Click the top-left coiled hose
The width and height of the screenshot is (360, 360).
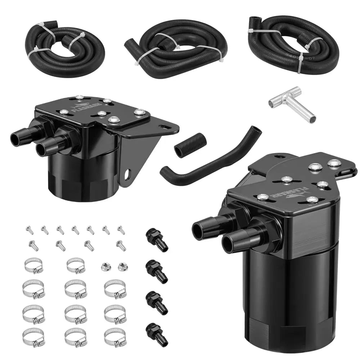(65, 47)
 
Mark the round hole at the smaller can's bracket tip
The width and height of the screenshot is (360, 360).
(165, 127)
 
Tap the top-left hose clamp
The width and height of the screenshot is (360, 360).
(33, 265)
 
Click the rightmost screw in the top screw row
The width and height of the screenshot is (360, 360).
(121, 230)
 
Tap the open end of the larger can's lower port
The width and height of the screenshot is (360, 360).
(228, 245)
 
